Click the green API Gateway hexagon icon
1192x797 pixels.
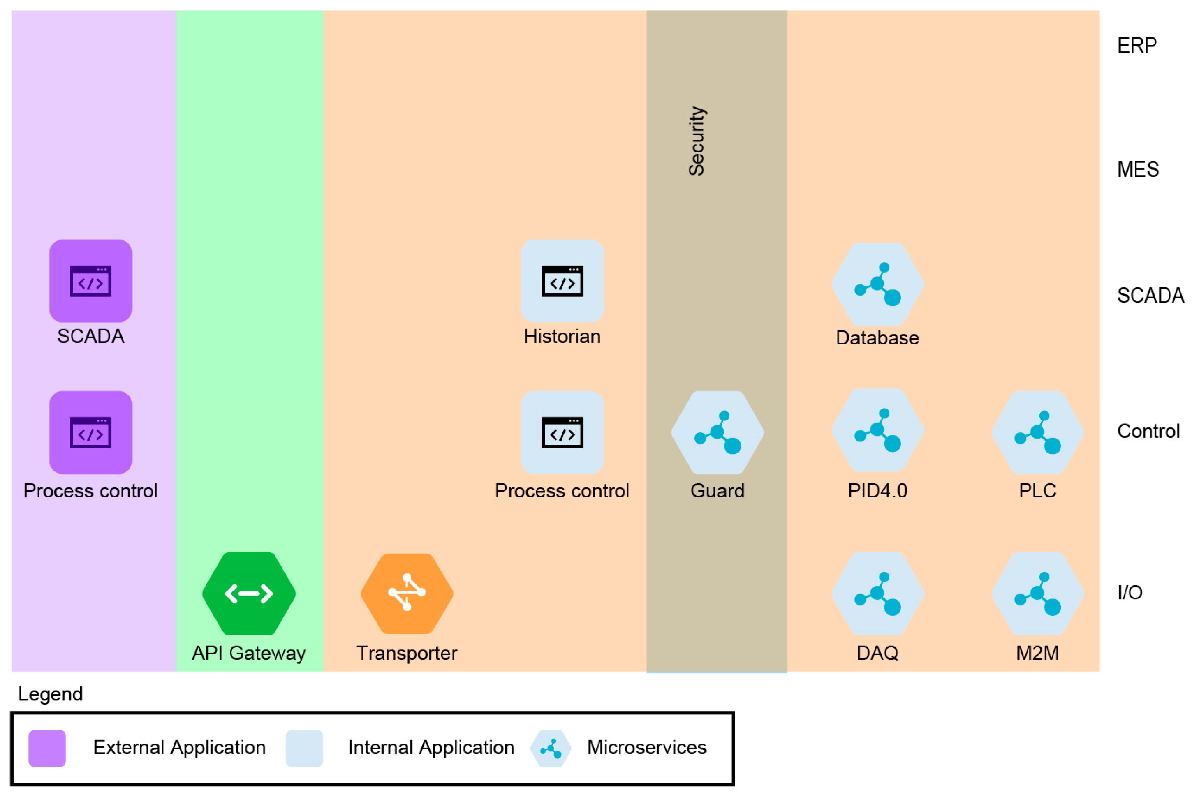tap(249, 593)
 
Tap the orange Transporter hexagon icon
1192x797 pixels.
tap(407, 593)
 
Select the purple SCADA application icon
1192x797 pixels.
tap(90, 281)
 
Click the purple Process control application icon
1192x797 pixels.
tap(90, 432)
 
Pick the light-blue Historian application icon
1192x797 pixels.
tap(562, 281)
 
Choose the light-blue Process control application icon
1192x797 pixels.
tap(562, 432)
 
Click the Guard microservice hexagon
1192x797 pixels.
tap(717, 432)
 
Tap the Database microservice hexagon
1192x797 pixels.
tap(877, 284)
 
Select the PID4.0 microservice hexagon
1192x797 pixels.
tap(877, 430)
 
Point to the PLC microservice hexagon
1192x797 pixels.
tap(1037, 432)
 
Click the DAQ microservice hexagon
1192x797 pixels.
tap(877, 593)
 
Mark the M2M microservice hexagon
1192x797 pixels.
tap(1037, 593)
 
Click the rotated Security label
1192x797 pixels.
tap(697, 141)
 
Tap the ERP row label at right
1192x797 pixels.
tap(1136, 46)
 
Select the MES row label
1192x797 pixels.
tap(1138, 169)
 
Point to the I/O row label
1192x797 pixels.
tap(1130, 592)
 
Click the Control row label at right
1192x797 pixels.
tap(1148, 431)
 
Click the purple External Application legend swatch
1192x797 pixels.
tap(47, 748)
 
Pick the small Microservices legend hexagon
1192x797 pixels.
tap(551, 748)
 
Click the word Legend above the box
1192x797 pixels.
tap(50, 694)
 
